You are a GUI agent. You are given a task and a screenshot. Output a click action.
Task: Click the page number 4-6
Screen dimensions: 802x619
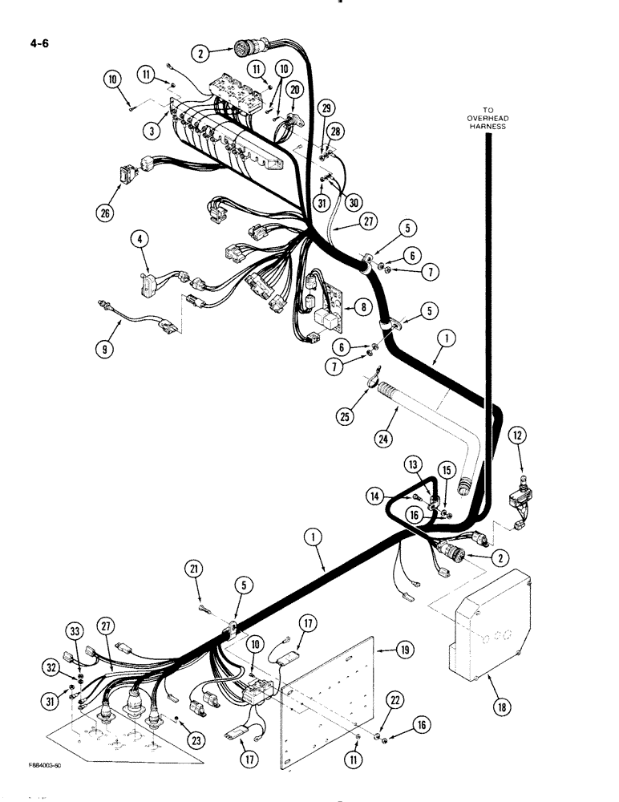[38, 44]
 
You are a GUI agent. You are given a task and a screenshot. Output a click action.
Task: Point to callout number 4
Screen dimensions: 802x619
[140, 239]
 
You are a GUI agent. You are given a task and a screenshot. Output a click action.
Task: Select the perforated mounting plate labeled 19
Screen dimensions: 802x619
[329, 698]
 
